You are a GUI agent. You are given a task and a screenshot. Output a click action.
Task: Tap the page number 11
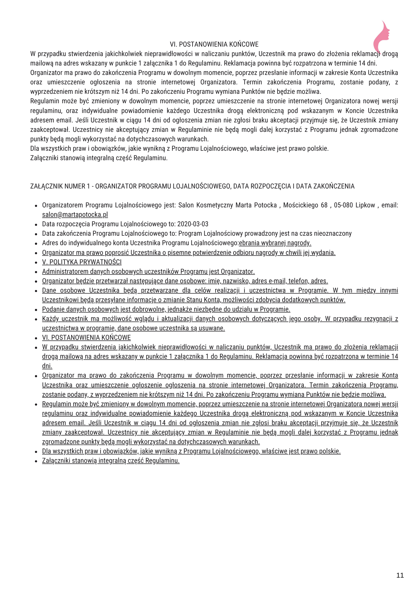[400, 575]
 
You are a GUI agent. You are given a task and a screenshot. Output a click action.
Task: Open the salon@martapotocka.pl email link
[75, 214]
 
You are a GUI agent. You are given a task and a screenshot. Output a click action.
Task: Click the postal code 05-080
[343, 205]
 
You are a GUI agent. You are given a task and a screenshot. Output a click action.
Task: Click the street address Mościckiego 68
[305, 205]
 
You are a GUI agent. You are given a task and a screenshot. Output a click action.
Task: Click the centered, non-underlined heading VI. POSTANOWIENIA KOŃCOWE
[214, 44]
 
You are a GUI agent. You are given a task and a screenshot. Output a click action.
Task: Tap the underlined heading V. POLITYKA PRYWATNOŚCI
[82, 262]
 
